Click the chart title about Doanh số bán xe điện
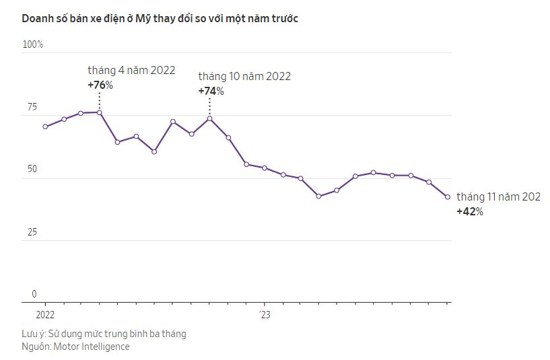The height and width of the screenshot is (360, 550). click(x=160, y=19)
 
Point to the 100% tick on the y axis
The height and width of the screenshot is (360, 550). click(x=33, y=44)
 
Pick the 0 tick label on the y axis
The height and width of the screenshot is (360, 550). click(x=34, y=294)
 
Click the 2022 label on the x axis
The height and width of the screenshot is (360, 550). click(x=45, y=314)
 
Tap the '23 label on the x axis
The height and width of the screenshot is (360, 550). click(x=265, y=314)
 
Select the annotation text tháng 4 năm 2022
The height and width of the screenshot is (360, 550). click(x=131, y=71)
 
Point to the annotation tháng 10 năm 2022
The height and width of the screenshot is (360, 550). click(x=244, y=77)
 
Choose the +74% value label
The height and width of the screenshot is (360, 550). click(x=211, y=91)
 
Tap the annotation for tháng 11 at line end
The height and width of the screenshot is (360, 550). click(x=499, y=196)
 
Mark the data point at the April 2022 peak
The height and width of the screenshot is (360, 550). click(x=100, y=112)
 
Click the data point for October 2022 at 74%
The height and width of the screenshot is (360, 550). click(x=210, y=118)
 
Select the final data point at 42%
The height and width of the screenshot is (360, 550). click(x=448, y=197)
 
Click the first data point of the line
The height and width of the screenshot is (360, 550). click(x=45, y=127)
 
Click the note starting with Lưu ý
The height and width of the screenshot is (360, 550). click(x=104, y=334)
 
